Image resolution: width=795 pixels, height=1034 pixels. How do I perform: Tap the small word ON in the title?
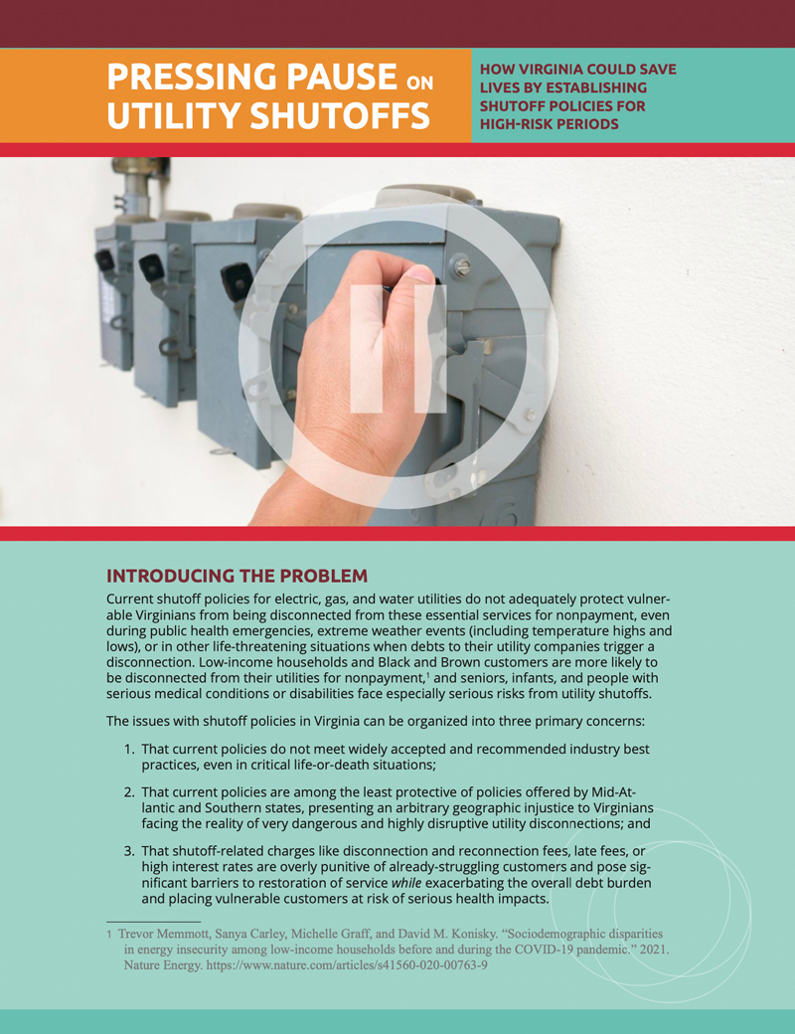coord(419,83)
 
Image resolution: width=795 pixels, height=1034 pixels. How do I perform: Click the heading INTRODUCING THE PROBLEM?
coord(238,576)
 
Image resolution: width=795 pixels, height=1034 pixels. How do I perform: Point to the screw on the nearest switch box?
coord(463,267)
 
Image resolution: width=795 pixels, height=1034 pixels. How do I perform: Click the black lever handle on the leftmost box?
coord(105,260)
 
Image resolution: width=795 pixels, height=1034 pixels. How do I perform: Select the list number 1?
coord(129,750)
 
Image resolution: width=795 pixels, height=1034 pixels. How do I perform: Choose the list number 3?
coord(129,851)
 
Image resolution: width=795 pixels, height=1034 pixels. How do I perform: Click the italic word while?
coord(406,883)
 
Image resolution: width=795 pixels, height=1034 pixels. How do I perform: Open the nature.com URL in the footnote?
coord(347,965)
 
